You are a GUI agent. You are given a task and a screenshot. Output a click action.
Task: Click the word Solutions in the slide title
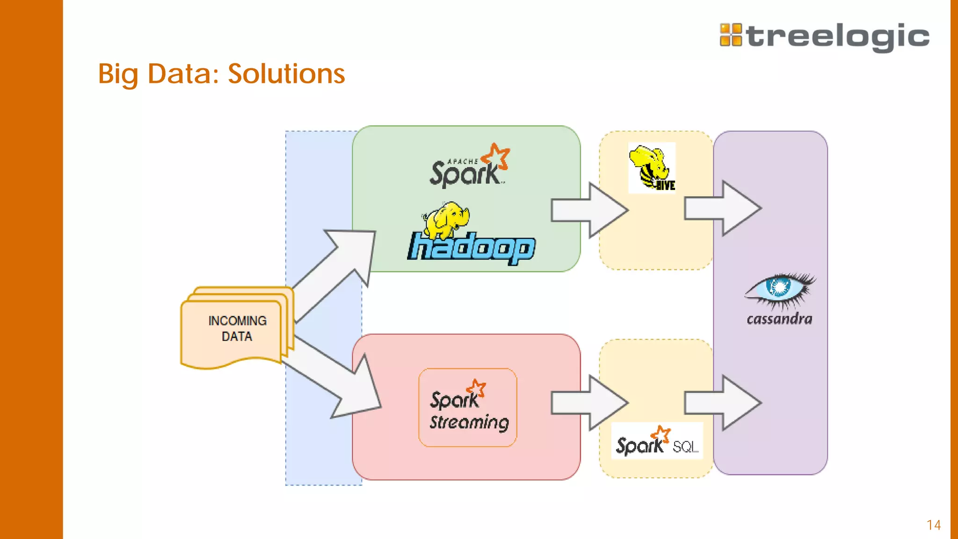(286, 74)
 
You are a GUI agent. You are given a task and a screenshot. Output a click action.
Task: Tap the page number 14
(934, 525)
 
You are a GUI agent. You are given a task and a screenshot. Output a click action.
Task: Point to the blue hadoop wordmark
(472, 248)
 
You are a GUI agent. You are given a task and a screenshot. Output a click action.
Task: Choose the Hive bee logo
(652, 168)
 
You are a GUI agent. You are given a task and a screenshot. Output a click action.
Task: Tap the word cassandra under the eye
(779, 320)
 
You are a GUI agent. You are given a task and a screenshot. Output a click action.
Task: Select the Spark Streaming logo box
(468, 408)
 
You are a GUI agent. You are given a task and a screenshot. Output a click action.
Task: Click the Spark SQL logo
(657, 441)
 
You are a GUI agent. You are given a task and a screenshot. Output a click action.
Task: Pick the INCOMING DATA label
(237, 328)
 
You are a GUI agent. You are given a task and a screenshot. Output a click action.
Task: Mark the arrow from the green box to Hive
(589, 210)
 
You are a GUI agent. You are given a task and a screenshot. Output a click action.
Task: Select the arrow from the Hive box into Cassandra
(723, 208)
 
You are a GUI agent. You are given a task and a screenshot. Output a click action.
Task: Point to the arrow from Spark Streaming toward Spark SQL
(589, 403)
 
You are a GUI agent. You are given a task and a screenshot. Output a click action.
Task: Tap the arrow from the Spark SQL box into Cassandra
(723, 403)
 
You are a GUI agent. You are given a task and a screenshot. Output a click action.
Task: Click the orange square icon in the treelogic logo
(731, 35)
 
